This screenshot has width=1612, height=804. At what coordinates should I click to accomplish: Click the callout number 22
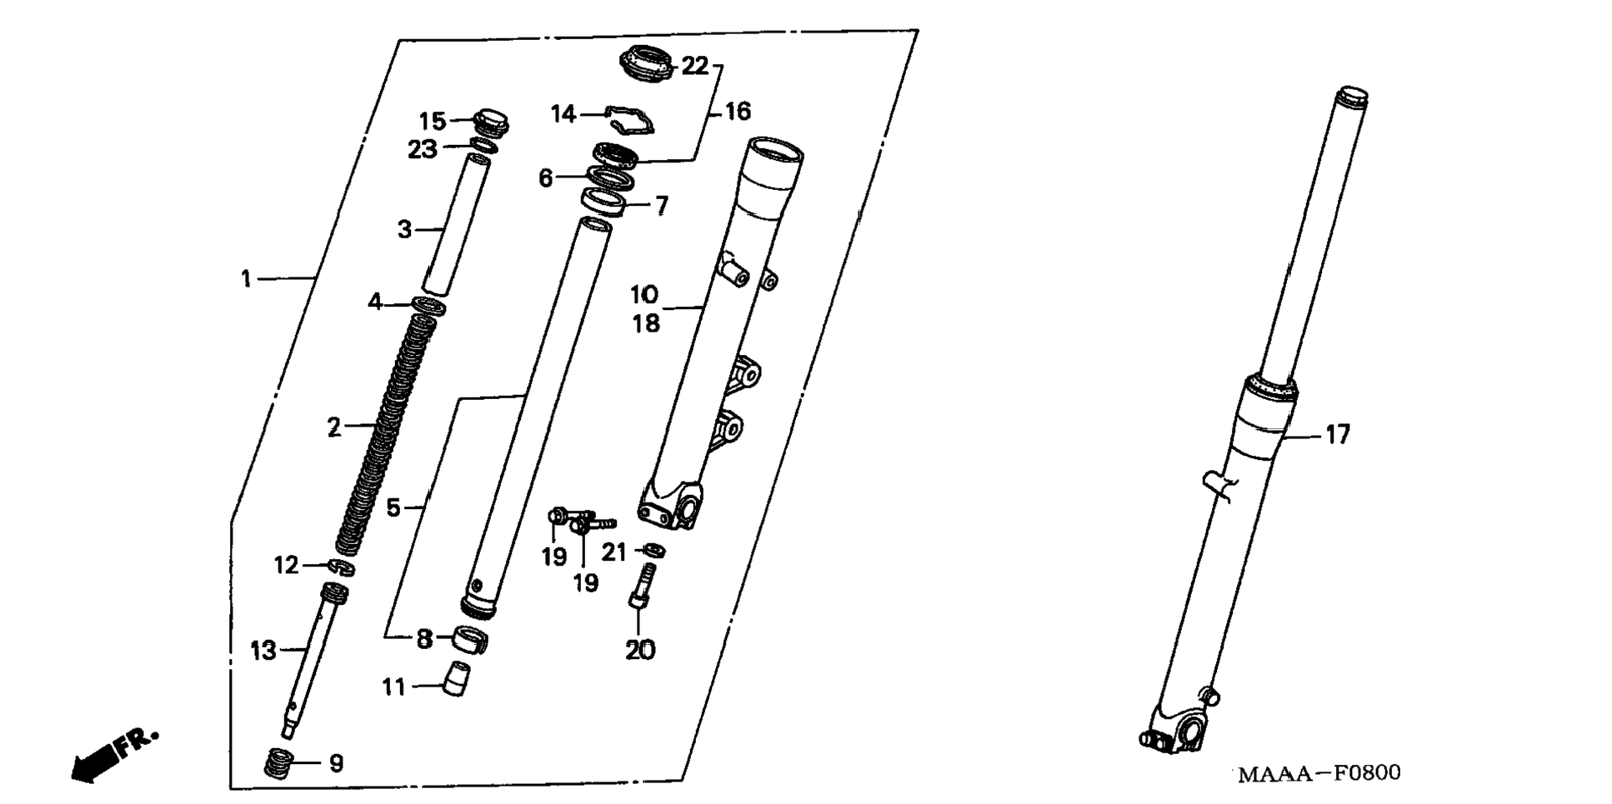pos(694,66)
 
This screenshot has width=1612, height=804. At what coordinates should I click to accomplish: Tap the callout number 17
pos(1337,434)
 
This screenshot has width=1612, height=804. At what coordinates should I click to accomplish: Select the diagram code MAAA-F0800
pos(1319,773)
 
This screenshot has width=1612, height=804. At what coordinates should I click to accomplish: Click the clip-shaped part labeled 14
pos(628,119)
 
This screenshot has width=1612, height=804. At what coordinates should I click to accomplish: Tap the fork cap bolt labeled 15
pos(492,122)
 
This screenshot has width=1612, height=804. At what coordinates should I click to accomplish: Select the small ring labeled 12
pos(341,567)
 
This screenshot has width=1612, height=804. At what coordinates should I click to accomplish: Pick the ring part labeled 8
pos(470,640)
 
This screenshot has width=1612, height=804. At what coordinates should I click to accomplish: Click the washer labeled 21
pos(654,550)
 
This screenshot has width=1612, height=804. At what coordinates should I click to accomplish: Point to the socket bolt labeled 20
pos(641,587)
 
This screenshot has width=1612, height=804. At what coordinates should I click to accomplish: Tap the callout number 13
pos(263,651)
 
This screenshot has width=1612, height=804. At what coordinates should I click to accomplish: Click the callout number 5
pos(393,507)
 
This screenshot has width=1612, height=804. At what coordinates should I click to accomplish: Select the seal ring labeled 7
pos(604,202)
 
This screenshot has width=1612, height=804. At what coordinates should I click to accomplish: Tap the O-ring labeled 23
pos(483,146)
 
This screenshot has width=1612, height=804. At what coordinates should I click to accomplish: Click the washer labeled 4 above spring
pos(428,307)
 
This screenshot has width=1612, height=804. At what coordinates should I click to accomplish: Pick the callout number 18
pos(646,323)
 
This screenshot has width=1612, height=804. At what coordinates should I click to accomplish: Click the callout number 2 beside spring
pos(333,427)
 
